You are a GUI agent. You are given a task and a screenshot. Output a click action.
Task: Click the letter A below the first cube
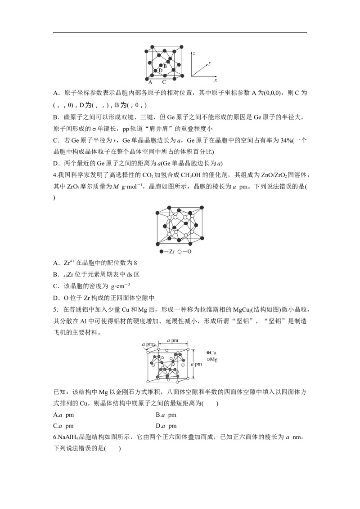click(150, 83)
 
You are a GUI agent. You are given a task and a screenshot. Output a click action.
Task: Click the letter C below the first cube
click(164, 83)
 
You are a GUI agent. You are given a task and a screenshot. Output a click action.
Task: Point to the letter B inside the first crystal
click(165, 67)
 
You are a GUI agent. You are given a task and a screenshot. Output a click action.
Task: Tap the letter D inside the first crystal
click(160, 71)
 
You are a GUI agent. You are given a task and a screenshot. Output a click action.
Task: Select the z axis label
click(193, 53)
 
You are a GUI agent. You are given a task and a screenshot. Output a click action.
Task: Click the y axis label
click(210, 58)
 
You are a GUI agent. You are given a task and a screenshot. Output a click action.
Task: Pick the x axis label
click(216, 80)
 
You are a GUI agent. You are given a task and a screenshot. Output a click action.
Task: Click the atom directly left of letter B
click(161, 66)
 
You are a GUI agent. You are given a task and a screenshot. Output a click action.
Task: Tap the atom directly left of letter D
click(155, 71)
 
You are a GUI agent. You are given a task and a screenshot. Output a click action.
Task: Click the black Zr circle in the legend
click(162, 251)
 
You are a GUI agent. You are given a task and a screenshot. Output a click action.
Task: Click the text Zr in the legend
click(171, 251)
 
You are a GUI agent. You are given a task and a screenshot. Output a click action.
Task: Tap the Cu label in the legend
click(213, 353)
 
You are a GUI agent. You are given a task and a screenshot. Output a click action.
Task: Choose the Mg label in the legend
click(214, 360)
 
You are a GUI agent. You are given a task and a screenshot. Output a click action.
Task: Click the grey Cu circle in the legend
click(208, 353)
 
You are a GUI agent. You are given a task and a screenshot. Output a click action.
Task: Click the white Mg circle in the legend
click(208, 360)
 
